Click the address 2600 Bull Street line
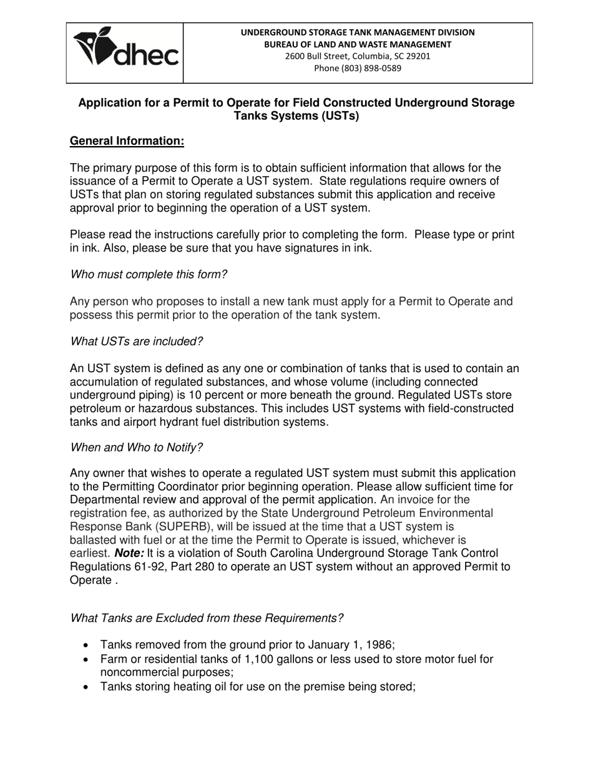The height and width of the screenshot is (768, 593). pyautogui.click(x=358, y=56)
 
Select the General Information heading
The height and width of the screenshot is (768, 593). pyautogui.click(x=127, y=141)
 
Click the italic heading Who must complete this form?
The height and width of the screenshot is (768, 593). pyautogui.click(x=149, y=274)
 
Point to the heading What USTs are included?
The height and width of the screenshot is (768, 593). pyautogui.click(x=136, y=342)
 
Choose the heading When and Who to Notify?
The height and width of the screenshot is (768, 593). pyautogui.click(x=136, y=448)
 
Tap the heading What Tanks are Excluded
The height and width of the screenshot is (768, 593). pyautogui.click(x=207, y=618)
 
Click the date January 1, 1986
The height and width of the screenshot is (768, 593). pyautogui.click(x=350, y=645)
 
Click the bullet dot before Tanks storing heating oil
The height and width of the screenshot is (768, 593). pyautogui.click(x=86, y=687)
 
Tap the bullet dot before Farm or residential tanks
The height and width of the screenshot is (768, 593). pyautogui.click(x=86, y=659)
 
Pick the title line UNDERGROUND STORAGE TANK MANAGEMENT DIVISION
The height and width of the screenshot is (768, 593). pyautogui.click(x=358, y=32)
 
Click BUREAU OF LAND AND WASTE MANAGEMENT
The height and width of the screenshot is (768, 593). pyautogui.click(x=358, y=44)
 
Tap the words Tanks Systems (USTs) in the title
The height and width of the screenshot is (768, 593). pyautogui.click(x=296, y=116)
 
